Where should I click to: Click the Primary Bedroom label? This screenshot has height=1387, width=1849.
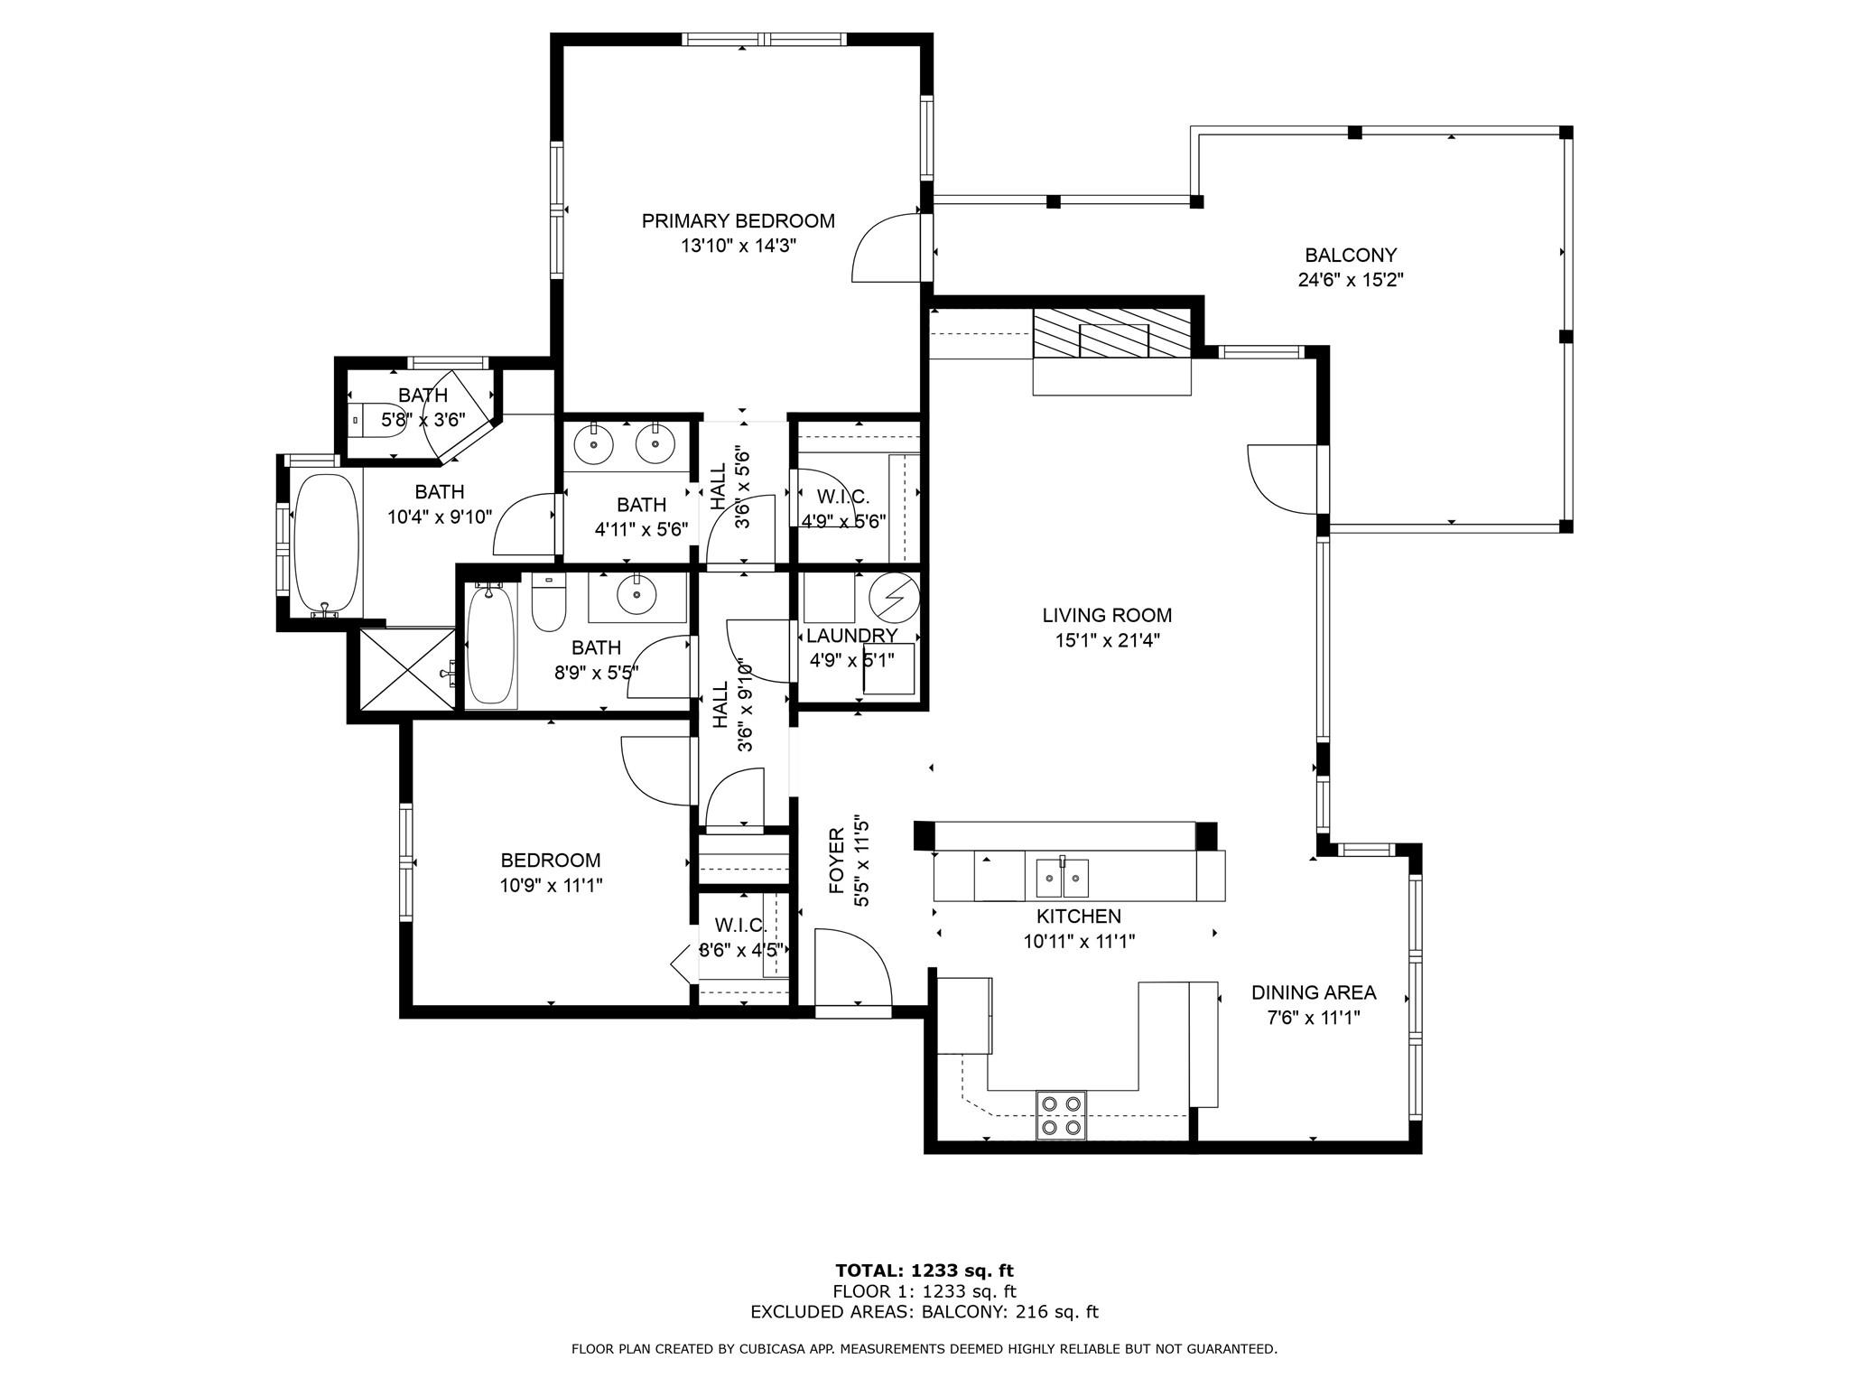click(738, 221)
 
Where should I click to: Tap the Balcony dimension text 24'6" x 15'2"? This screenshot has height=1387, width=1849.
click(1350, 281)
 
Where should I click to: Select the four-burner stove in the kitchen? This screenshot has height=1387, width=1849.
click(1061, 1114)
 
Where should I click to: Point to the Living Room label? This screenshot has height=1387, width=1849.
click(1107, 616)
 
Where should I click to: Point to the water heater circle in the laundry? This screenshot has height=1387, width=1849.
click(894, 598)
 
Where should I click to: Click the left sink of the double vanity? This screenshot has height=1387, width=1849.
click(593, 443)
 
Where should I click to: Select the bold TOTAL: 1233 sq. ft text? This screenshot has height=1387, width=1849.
click(924, 1271)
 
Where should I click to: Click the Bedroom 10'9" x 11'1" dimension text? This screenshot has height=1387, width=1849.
click(551, 886)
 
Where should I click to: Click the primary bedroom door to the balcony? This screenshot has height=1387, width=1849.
click(887, 248)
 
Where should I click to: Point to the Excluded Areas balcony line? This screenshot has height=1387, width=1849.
click(924, 1313)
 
